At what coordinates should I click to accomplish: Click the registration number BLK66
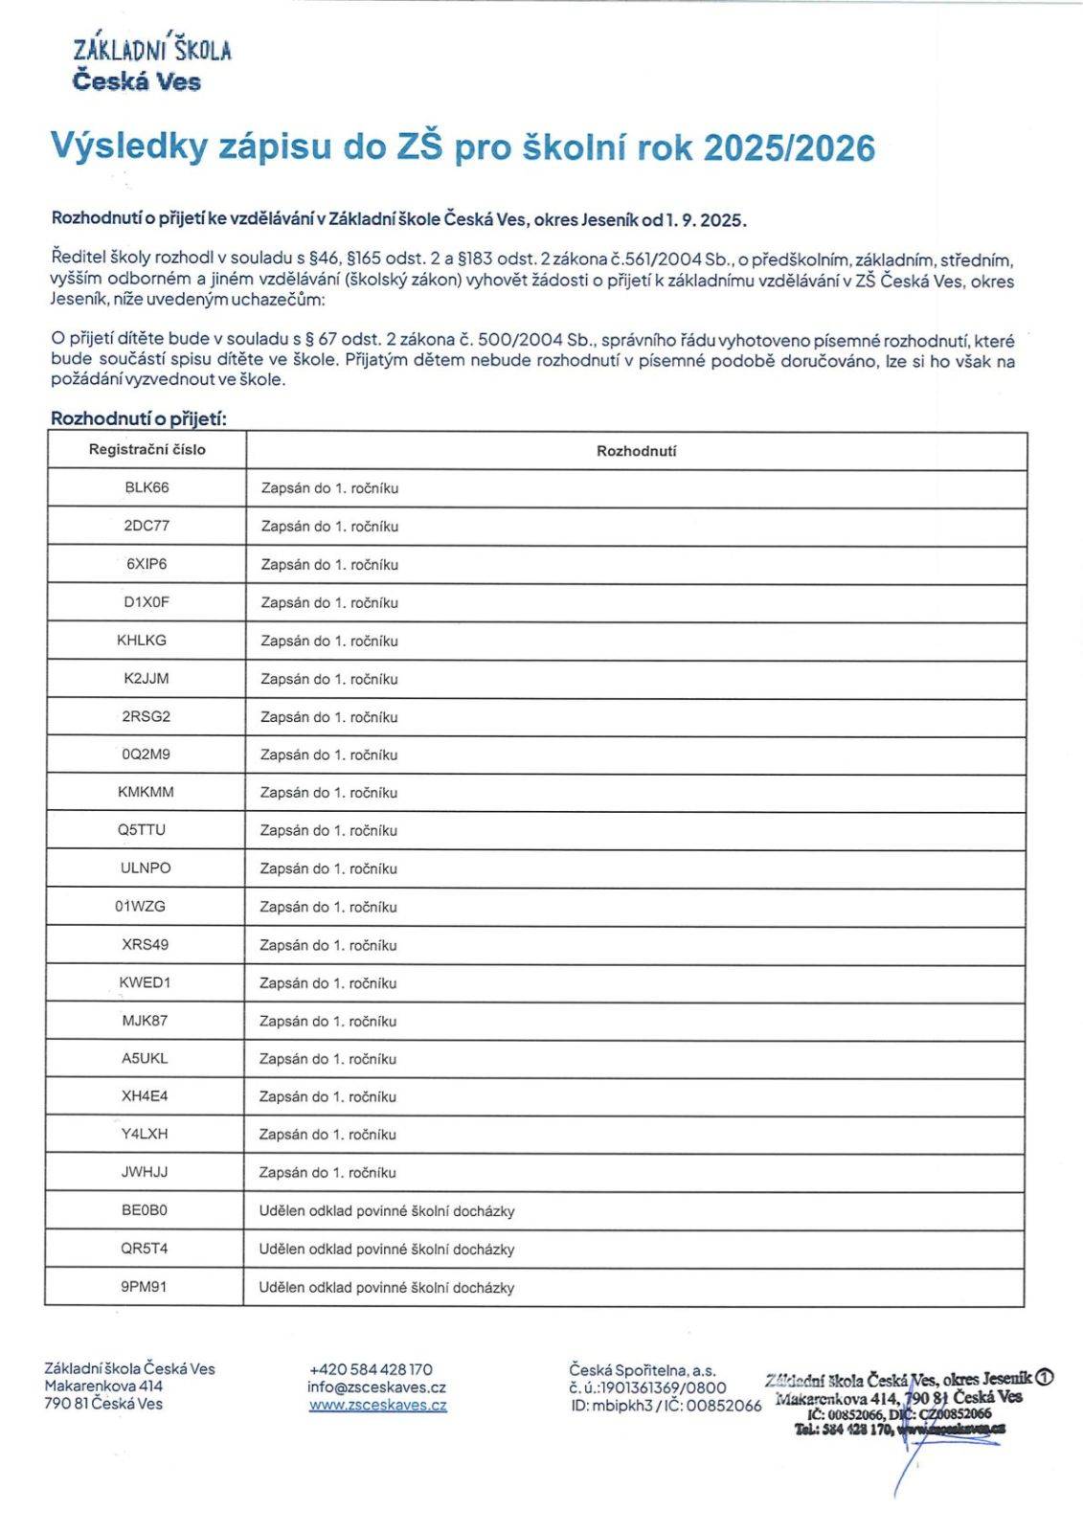pos(147,487)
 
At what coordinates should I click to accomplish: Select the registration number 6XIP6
pos(147,564)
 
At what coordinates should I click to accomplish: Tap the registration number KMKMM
pos(146,792)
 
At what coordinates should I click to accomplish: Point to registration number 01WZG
pos(140,906)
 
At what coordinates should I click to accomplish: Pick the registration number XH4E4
pos(145,1095)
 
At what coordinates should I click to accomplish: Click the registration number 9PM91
pos(144,1287)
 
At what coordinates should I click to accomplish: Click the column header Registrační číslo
pos(147,449)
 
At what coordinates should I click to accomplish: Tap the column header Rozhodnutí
pos(636,451)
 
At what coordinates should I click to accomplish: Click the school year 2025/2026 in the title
pos(788,148)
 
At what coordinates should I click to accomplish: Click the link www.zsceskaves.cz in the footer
pos(377,1406)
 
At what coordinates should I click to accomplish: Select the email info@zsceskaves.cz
pos(376,1386)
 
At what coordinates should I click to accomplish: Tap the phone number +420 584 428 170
pos(371,1369)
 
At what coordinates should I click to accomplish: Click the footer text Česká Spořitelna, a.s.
pos(642,1370)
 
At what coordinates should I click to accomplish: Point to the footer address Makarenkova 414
pos(103,1386)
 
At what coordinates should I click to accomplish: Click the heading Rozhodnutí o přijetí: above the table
pos(138,418)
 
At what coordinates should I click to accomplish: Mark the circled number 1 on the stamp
pos(1044,1378)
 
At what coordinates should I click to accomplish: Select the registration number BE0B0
pos(144,1210)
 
